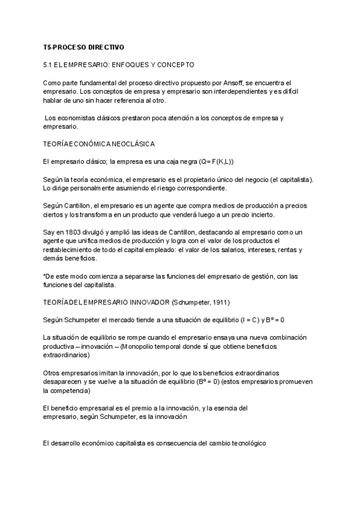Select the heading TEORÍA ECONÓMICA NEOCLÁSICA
pos(100,144)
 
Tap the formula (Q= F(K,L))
pos(214,161)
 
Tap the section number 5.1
pos(49,64)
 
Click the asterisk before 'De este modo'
pos(45,276)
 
